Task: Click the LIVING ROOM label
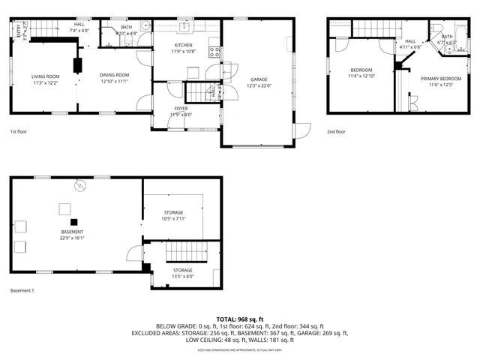[45, 76]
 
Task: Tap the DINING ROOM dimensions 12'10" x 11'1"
[115, 82]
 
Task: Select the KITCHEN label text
[183, 45]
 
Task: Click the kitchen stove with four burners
[215, 52]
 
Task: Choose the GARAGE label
[259, 79]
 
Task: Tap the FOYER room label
[182, 109]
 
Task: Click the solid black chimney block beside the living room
[78, 64]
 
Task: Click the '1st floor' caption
[18, 132]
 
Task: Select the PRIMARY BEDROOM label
[440, 78]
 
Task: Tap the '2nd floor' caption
[336, 132]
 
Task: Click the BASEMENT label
[72, 232]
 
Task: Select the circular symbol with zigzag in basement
[79, 185]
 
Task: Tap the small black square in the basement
[73, 221]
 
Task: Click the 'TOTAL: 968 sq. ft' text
[239, 319]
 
